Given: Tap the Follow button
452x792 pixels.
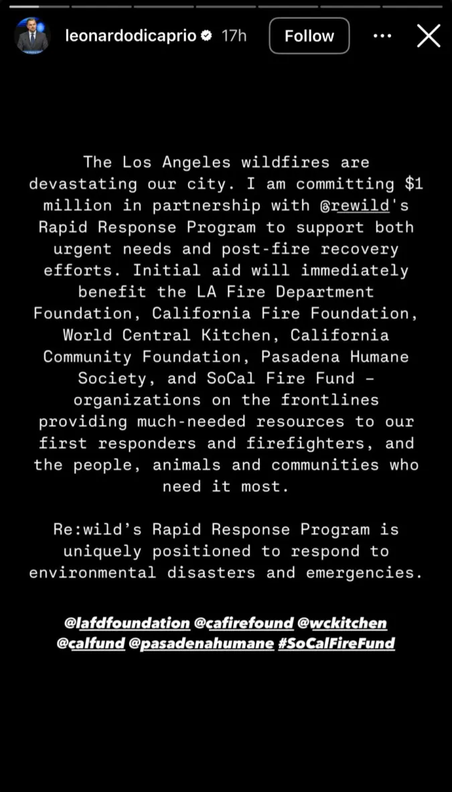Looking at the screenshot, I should point(309,35).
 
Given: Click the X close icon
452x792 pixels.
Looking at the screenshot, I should point(429,35).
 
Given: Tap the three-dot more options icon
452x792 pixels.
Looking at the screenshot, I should point(382,35).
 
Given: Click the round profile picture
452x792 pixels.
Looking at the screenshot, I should point(32,35).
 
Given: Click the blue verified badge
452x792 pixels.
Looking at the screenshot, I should point(207,36).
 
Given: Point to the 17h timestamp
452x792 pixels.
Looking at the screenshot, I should point(234,36).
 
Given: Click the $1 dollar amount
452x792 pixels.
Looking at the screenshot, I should point(415,183).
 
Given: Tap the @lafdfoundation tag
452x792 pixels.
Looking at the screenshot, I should point(127,623).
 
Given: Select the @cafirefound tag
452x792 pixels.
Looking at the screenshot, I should point(244,623).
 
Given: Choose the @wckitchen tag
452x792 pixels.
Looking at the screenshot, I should point(343,623).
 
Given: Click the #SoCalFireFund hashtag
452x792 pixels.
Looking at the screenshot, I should point(336,644).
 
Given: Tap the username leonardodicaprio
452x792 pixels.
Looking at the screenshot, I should point(131,36).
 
